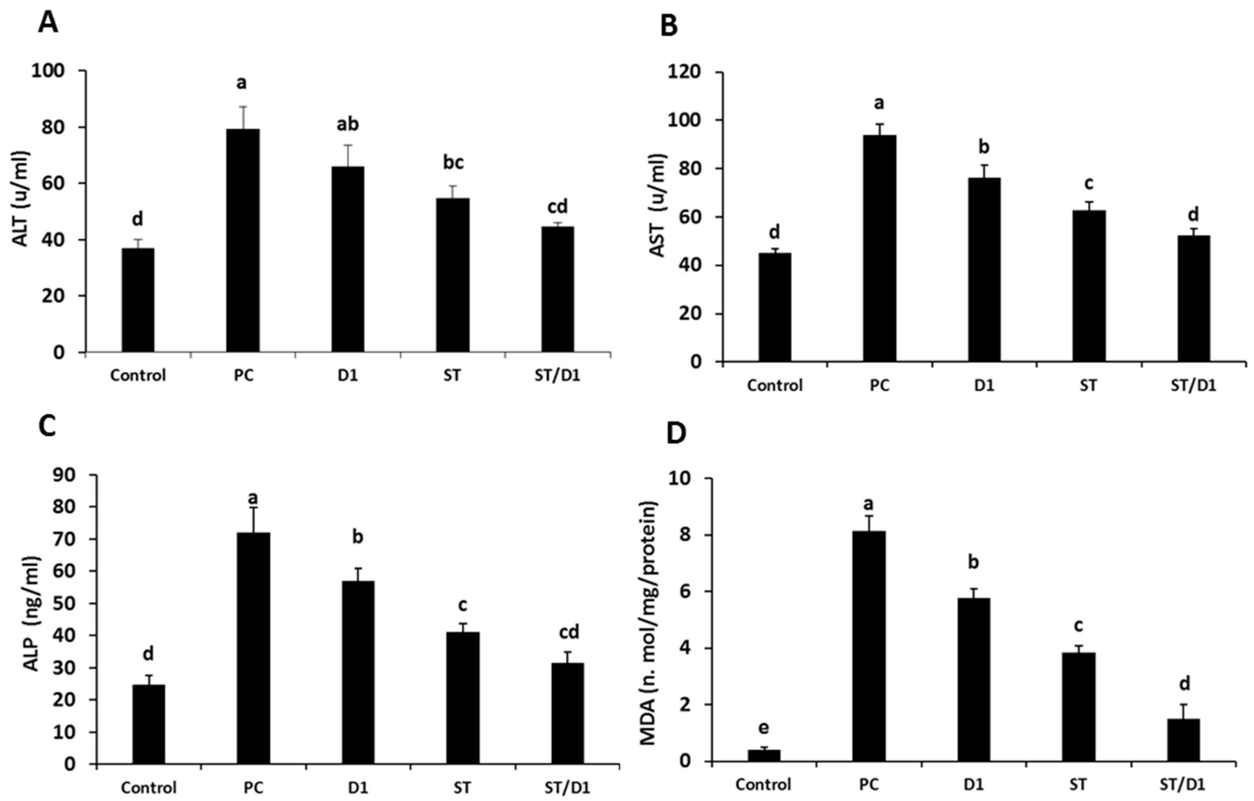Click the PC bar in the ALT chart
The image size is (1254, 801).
point(243,241)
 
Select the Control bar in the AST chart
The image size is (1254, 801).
point(774,308)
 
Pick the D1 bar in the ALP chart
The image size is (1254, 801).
point(358,673)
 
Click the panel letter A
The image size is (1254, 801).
point(48,24)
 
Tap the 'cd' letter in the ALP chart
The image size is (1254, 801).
point(569,632)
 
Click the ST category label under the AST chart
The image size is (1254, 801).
point(1088,386)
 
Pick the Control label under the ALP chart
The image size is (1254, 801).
point(149,787)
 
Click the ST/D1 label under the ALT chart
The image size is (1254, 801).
point(557,375)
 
